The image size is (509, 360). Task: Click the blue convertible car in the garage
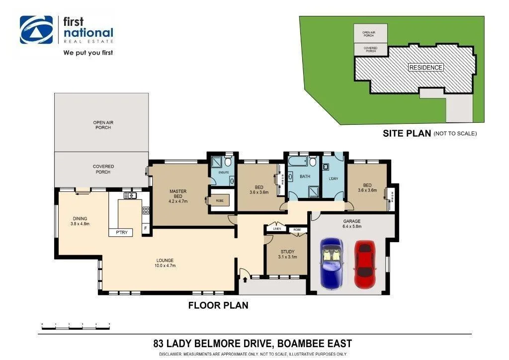(332, 263)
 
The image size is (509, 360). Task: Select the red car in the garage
(364, 259)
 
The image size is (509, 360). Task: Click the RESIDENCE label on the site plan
(425, 67)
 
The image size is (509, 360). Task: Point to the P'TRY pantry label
(121, 232)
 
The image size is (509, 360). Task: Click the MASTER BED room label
(177, 194)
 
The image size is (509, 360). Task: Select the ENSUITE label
(224, 172)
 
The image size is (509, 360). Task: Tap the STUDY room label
(287, 254)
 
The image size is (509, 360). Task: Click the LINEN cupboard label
(277, 229)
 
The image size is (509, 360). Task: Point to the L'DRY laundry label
(333, 178)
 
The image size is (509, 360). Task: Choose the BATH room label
(305, 177)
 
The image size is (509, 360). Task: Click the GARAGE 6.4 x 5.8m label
(351, 223)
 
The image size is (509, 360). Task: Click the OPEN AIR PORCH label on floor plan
(101, 125)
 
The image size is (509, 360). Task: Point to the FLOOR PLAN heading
(218, 305)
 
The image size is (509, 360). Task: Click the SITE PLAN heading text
(407, 133)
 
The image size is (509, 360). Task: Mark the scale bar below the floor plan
(76, 325)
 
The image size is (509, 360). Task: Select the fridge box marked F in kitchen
(145, 228)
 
